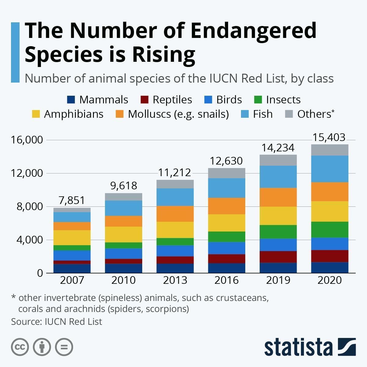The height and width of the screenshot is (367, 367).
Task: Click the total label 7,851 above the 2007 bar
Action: [x=72, y=200]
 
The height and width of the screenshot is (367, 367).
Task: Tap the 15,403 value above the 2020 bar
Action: [x=329, y=137]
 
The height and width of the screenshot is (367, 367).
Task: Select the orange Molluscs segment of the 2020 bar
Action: [x=330, y=192]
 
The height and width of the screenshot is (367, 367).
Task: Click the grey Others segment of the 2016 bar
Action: [x=227, y=173]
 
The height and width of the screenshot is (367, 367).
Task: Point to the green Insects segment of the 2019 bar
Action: [x=278, y=232]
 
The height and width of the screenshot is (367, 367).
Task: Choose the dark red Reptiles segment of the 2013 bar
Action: [x=175, y=260]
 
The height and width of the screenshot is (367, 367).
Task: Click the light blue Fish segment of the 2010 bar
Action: [x=124, y=208]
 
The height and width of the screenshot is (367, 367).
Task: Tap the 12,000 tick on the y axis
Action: [x=27, y=173]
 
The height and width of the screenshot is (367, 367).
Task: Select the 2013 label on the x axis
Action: [x=175, y=280]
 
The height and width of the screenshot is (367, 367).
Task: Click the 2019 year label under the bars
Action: [x=278, y=280]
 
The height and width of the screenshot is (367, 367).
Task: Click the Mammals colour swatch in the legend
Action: [x=71, y=100]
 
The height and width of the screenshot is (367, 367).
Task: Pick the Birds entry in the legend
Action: [x=229, y=100]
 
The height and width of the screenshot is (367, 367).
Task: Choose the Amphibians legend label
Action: [x=74, y=114]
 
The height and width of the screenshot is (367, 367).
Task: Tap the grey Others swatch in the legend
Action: [x=289, y=114]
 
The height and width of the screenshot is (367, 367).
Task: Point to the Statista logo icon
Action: [x=347, y=347]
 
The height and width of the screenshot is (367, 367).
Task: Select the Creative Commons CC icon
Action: [x=20, y=347]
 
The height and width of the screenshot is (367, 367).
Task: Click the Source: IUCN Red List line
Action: [x=57, y=322]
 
